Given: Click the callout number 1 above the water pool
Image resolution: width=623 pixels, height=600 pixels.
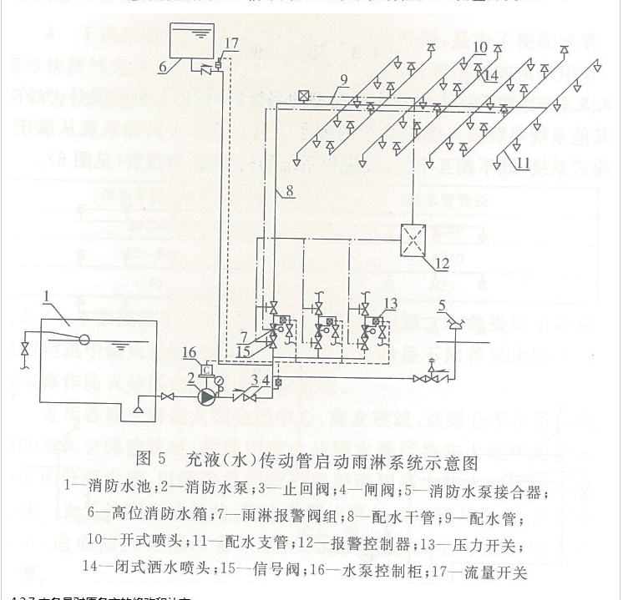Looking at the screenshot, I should (x=48, y=293).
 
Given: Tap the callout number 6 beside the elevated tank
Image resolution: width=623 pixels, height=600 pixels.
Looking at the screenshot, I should (x=163, y=62).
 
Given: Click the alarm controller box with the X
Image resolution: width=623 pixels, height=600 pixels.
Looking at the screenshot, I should (x=415, y=239).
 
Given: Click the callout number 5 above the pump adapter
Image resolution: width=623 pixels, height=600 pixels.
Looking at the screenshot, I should (x=443, y=305).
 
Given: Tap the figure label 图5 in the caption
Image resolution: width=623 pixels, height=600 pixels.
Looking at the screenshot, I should (x=154, y=459).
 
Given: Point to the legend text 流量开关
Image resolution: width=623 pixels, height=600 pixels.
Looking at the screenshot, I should (x=502, y=572).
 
